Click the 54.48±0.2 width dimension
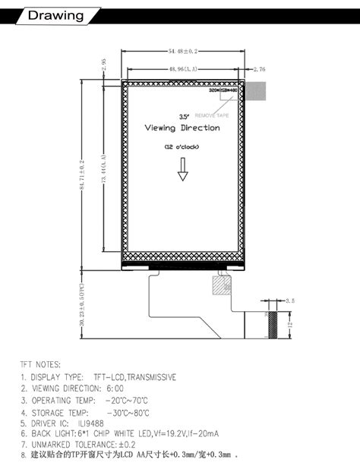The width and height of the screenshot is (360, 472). point(182,51)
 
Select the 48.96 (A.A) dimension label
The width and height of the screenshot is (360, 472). point(182,69)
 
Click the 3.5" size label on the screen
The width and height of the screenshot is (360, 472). point(184,117)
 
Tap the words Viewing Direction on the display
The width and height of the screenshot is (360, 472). point(183,128)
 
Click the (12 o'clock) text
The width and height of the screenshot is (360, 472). point(182,146)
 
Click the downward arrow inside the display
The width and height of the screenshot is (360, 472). point(183,174)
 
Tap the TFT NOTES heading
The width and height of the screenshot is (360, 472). point(40,365)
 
